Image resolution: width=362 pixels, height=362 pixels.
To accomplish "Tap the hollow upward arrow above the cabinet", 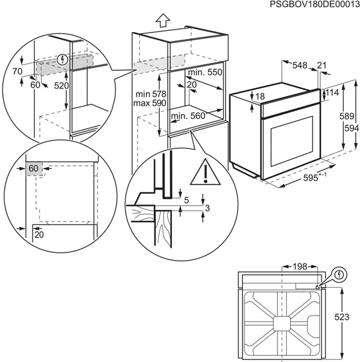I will click(x=162, y=19).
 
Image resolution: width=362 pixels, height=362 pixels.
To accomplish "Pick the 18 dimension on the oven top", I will click(x=259, y=97).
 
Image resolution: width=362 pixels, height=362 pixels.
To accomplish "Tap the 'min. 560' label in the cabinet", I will click(x=188, y=116).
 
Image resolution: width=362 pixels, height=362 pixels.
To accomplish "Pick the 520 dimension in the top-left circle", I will click(x=62, y=86).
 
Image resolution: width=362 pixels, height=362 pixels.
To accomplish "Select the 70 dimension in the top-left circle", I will click(x=16, y=71).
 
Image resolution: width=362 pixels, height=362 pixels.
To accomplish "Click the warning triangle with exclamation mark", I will click(x=205, y=173).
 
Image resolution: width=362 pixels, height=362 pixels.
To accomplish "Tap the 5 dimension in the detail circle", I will click(x=186, y=200).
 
